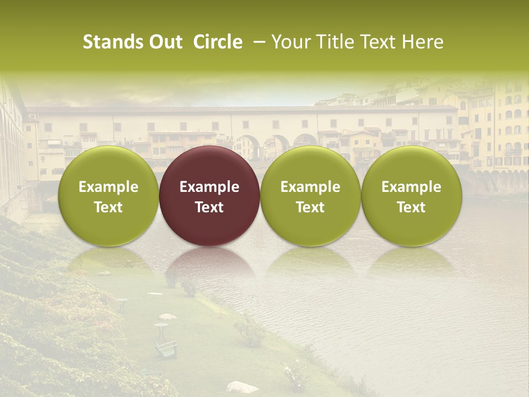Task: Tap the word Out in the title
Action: (165, 42)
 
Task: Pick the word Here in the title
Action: (423, 42)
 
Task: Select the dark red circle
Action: (209, 196)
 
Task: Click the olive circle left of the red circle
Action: (109, 196)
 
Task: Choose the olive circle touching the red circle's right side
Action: (310, 196)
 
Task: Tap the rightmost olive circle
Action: (412, 196)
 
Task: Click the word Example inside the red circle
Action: (209, 187)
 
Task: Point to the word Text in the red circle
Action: (209, 207)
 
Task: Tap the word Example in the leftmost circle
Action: (109, 187)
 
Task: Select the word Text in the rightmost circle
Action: (412, 207)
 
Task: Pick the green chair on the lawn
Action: (166, 348)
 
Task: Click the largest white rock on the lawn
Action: (242, 387)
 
